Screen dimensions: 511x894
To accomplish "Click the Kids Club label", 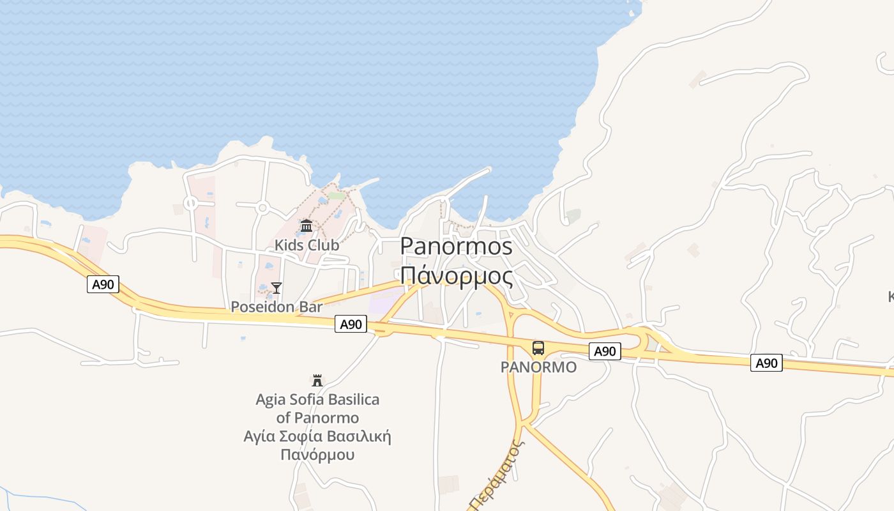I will pos(307,245).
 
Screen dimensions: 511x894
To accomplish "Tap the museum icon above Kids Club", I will pos(307,225).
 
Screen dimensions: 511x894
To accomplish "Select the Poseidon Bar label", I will pos(277,307).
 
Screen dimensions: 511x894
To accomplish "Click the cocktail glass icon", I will pos(277,288).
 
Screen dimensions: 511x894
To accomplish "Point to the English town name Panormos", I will pos(457,247).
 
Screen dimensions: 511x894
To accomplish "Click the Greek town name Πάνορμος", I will pos(457,276).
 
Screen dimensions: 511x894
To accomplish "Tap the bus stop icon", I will pos(538,348).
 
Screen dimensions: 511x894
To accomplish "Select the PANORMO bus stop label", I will pos(538,367).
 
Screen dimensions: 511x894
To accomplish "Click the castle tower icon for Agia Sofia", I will pos(317,381).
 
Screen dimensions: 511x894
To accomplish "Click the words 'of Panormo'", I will pos(317,418).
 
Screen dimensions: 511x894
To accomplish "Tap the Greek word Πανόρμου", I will pos(317,455).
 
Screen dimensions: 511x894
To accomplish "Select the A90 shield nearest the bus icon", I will pos(604,351).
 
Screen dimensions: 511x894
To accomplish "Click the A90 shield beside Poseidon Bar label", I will pos(351,324).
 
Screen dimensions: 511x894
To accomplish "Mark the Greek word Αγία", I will pos(259,437).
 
